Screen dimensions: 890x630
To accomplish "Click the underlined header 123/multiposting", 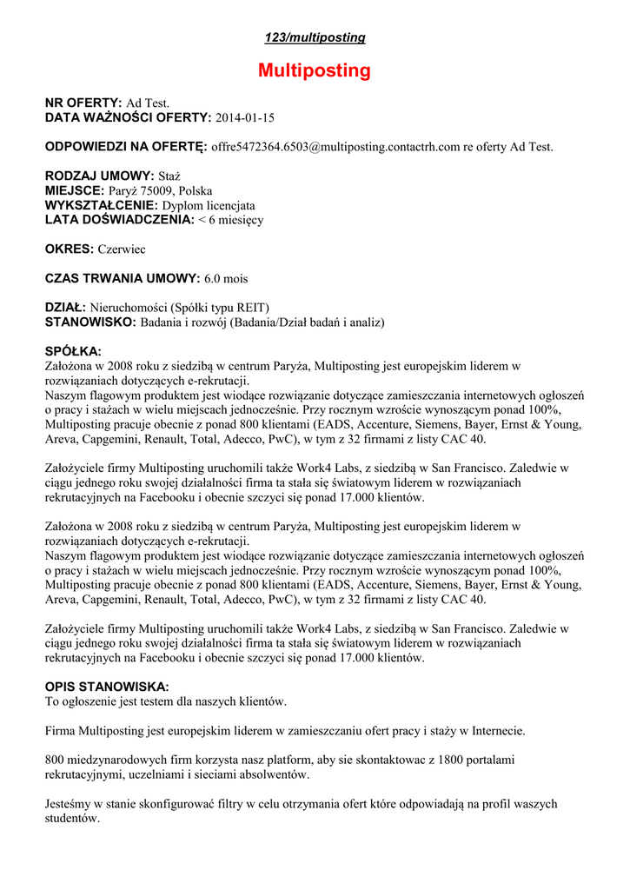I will click(x=315, y=38).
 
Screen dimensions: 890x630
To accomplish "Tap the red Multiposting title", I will click(x=315, y=71).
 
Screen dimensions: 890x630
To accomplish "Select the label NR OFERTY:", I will click(x=83, y=103).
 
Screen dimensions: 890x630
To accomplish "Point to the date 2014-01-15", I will click(x=245, y=117).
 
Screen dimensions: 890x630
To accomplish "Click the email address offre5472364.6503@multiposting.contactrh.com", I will click(x=335, y=147).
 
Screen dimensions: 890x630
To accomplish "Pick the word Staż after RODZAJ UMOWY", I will click(x=169, y=176).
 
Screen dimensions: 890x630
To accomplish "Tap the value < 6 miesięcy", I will click(x=231, y=220).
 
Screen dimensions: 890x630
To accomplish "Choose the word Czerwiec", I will click(x=122, y=249).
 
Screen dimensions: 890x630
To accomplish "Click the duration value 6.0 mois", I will click(x=226, y=279).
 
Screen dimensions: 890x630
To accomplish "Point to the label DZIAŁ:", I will click(x=65, y=308).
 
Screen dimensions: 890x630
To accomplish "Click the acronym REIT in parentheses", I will click(x=249, y=308).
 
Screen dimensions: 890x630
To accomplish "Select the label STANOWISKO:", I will click(x=90, y=322).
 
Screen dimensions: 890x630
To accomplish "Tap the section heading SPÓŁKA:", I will click(x=73, y=351).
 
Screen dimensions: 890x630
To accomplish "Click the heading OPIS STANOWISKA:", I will click(x=107, y=687).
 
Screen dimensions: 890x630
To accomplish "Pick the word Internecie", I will click(x=499, y=730).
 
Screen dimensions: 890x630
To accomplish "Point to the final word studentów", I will click(x=73, y=819).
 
